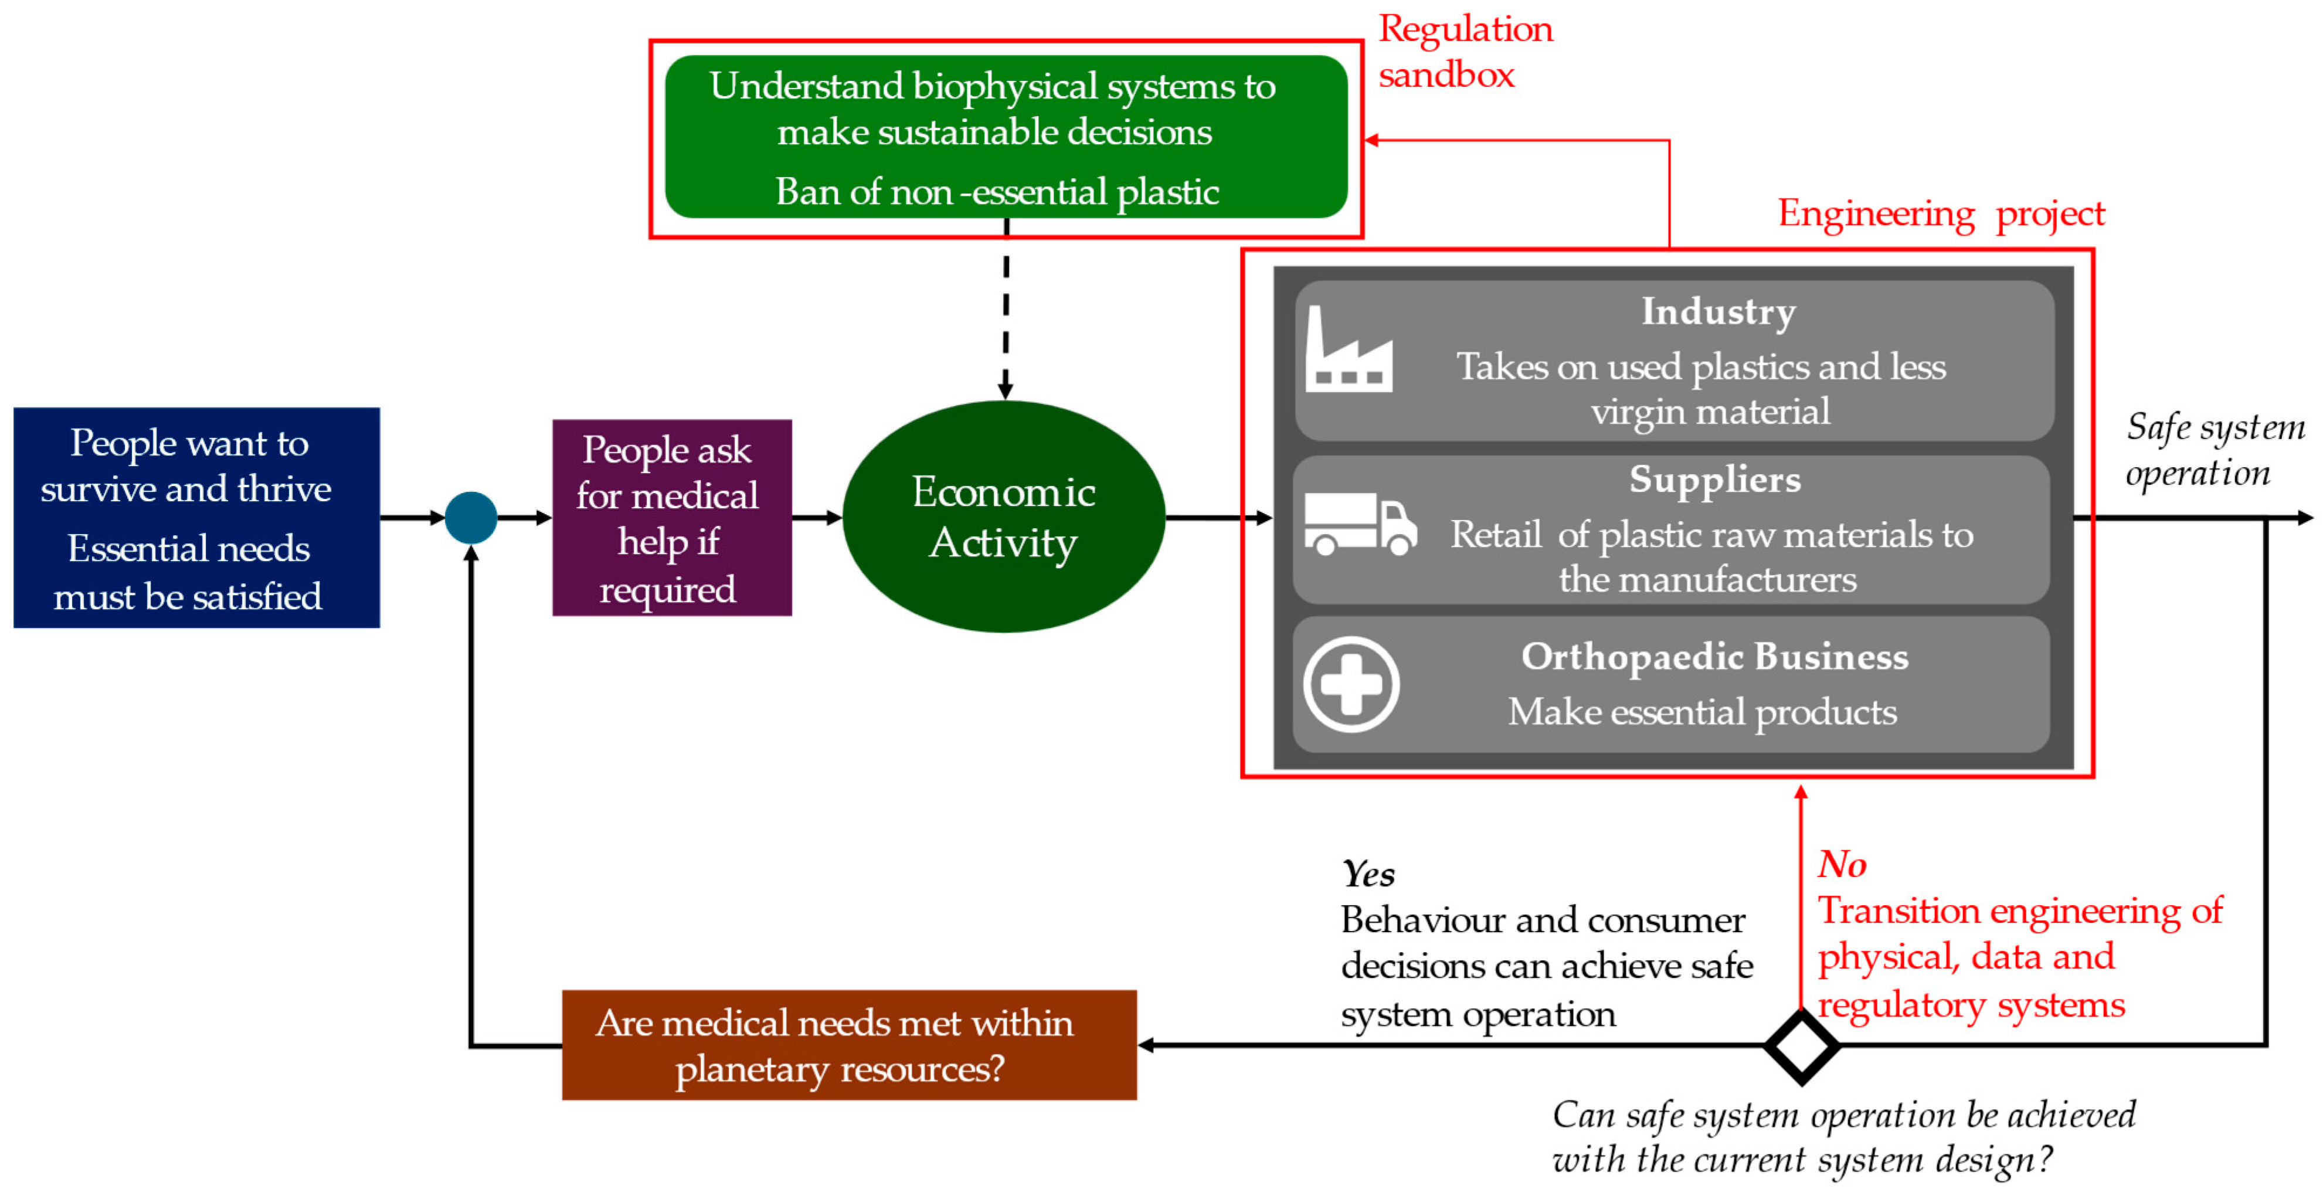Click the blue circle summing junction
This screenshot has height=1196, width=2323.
pyautogui.click(x=471, y=518)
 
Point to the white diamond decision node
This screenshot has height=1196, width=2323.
pyautogui.click(x=1801, y=1046)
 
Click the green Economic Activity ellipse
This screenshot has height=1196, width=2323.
pyautogui.click(x=1004, y=517)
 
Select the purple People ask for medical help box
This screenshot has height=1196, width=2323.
pyautogui.click(x=672, y=518)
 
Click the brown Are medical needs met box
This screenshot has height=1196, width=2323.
pyautogui.click(x=848, y=1045)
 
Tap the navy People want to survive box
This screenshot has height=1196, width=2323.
pyautogui.click(x=196, y=518)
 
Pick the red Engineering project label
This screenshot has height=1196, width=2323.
pyautogui.click(x=1941, y=214)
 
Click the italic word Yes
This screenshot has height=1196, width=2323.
pyautogui.click(x=1367, y=873)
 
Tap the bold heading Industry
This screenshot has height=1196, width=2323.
pyautogui.click(x=1718, y=311)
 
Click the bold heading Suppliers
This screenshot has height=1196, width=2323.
pyautogui.click(x=1714, y=479)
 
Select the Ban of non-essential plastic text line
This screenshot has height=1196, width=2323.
pyautogui.click(x=997, y=191)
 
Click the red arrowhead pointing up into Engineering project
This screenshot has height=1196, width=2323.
pyautogui.click(x=1801, y=792)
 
